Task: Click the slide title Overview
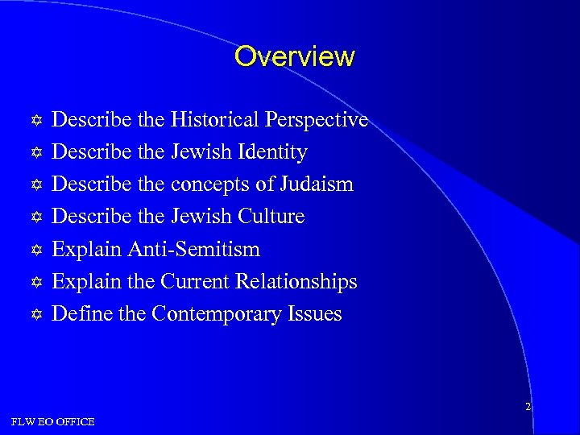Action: pos(294,56)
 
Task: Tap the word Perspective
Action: pos(321,120)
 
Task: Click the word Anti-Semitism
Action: pos(193,249)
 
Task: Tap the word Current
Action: pos(195,281)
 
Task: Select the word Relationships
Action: pos(296,281)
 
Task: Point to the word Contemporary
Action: pos(206,313)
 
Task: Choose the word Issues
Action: pos(315,313)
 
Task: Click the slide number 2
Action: pos(528,407)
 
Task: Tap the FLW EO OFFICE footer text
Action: pos(53,421)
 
